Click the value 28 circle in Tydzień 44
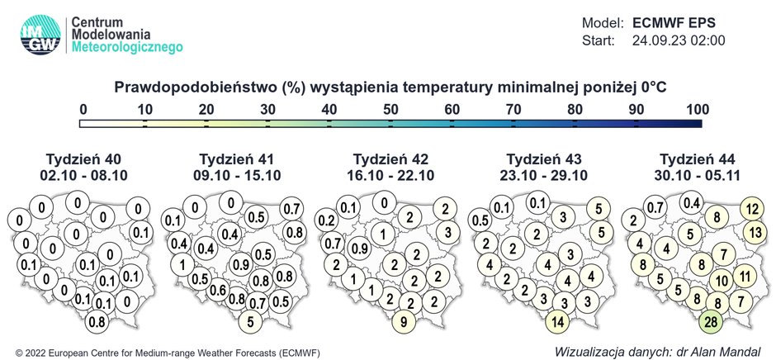pyautogui.click(x=712, y=321)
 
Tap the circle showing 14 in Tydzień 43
pyautogui.click(x=558, y=321)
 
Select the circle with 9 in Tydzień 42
pyautogui.click(x=404, y=321)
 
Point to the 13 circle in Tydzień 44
pyautogui.click(x=753, y=233)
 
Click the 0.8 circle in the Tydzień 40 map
pyautogui.click(x=97, y=321)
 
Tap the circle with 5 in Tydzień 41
pyautogui.click(x=251, y=321)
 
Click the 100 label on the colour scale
pyautogui.click(x=698, y=109)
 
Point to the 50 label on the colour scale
pyautogui.click(x=391, y=109)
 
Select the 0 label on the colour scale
pyautogui.click(x=83, y=109)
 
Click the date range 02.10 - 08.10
pyautogui.click(x=78, y=175)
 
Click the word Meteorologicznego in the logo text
pyautogui.click(x=127, y=50)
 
